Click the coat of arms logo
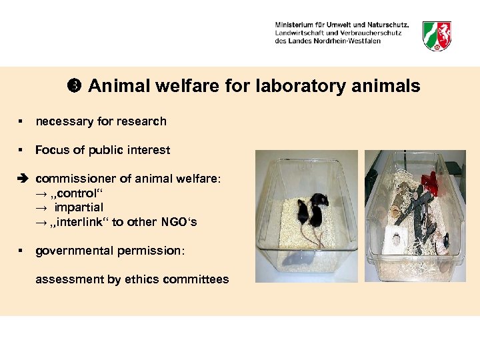(437, 35)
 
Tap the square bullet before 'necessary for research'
(21, 121)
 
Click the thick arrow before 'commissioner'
(22, 179)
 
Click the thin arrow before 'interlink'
(40, 222)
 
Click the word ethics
(149, 279)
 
